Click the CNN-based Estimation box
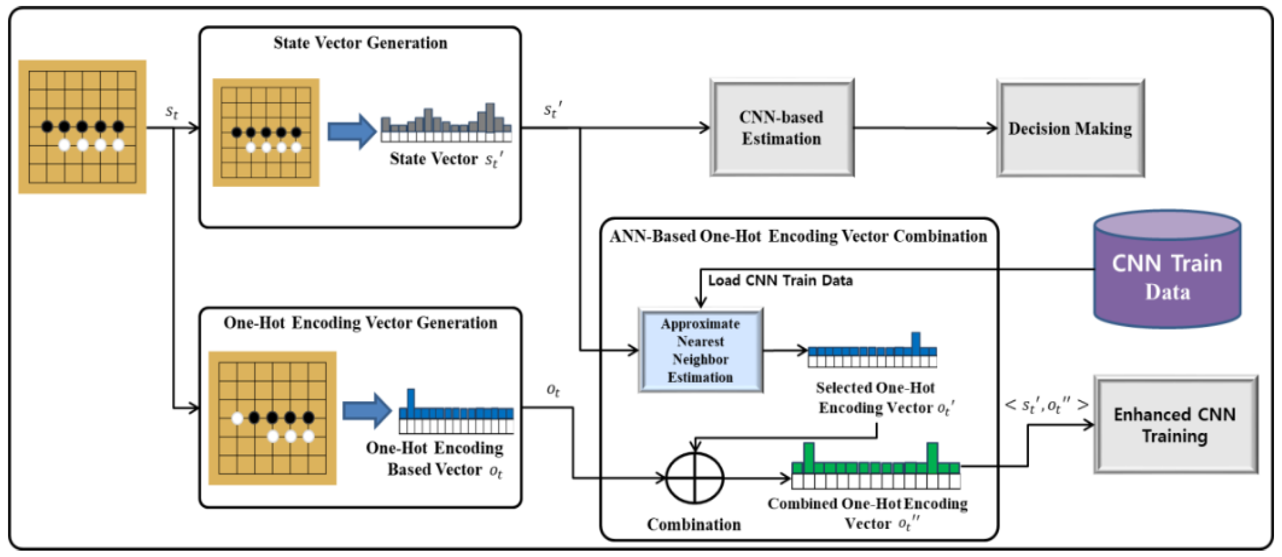(782, 128)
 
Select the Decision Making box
(1070, 128)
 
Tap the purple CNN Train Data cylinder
(1167, 271)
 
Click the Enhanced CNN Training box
(1175, 425)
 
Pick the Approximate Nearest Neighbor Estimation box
(700, 350)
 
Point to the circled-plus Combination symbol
(695, 478)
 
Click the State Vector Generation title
(360, 43)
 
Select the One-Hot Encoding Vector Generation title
(360, 323)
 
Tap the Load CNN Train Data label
(780, 281)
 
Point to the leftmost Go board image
(82, 127)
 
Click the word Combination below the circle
(694, 524)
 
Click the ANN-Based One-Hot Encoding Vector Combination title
(798, 236)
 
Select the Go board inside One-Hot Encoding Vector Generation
(272, 418)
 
